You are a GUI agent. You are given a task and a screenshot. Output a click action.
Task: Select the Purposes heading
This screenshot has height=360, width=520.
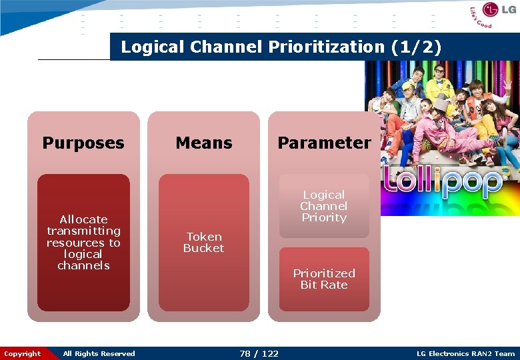tap(83, 143)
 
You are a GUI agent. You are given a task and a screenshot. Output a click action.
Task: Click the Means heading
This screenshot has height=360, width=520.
tap(204, 143)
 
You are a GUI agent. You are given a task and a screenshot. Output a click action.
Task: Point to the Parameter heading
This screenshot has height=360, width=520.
tap(324, 143)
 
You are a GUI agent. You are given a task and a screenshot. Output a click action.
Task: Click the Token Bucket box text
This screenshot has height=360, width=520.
tap(204, 242)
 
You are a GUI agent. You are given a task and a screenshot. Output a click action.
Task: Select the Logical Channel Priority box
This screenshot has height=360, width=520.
tap(324, 206)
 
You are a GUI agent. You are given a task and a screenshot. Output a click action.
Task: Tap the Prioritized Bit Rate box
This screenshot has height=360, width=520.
tap(324, 279)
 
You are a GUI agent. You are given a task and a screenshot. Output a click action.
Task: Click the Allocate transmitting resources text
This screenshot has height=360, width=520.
tap(83, 242)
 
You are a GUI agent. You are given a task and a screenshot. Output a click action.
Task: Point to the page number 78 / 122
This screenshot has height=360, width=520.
tap(259, 353)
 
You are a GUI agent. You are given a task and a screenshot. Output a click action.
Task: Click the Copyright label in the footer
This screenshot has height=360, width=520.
tap(22, 353)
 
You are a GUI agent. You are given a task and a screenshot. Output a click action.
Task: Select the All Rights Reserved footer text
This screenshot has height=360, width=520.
tap(99, 353)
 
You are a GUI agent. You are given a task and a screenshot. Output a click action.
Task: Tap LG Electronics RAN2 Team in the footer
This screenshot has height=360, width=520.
tap(465, 353)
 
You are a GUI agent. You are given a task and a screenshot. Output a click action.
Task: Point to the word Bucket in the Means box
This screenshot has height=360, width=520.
tap(204, 248)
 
